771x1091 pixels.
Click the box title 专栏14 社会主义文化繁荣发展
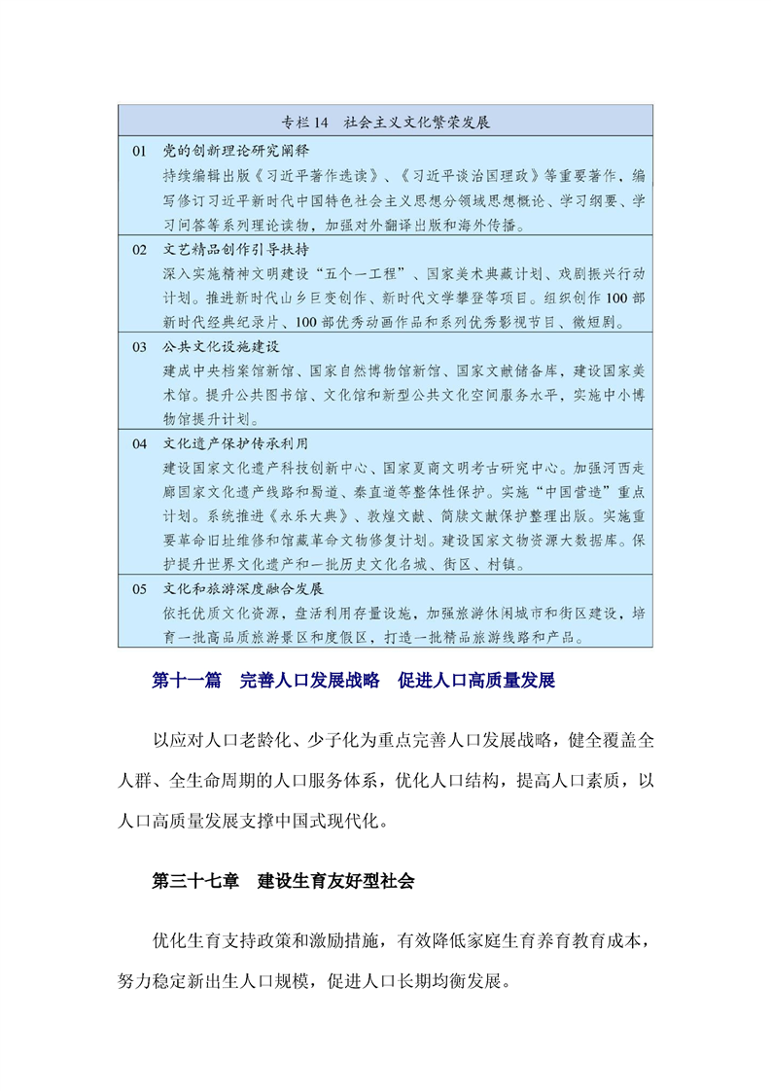385,123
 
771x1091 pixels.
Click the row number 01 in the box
139,151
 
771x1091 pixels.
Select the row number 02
139,249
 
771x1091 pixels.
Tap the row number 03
139,346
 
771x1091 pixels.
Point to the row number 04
139,443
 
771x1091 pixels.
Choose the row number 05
139,589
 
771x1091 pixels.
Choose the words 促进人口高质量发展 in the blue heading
476,681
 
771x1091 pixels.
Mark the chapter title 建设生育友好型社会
336,881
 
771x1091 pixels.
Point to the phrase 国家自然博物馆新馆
368,370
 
